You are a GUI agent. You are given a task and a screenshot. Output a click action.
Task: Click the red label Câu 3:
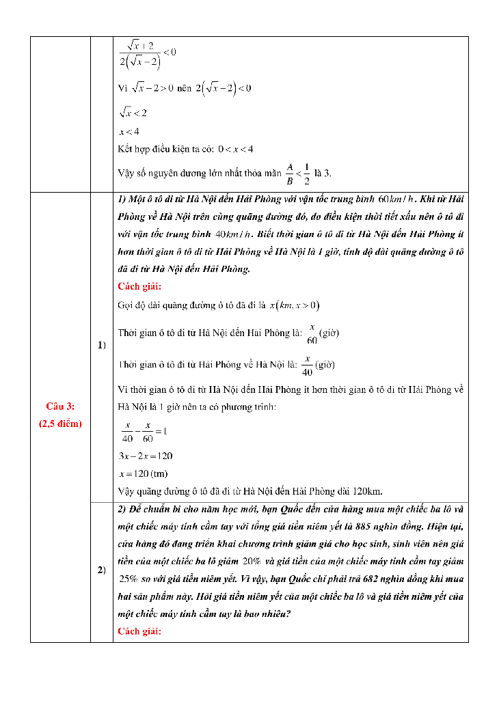click(60, 406)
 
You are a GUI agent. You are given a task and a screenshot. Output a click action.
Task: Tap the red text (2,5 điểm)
click(60, 424)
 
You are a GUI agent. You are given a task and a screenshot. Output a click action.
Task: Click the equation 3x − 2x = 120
click(145, 456)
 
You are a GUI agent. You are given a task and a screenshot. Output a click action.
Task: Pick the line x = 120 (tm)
click(143, 473)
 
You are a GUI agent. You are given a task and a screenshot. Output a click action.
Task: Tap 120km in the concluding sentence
click(367, 491)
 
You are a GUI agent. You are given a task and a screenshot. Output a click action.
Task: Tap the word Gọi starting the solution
click(125, 305)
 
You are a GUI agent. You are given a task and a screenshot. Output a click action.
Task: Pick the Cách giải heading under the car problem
click(139, 286)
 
